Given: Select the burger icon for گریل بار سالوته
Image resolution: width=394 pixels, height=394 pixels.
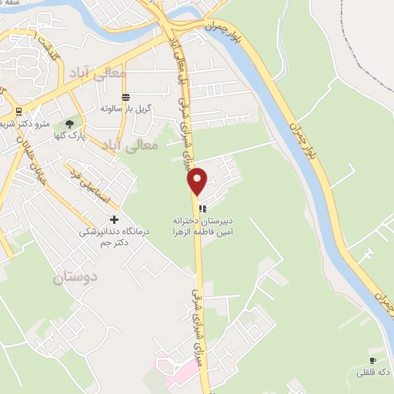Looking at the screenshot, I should click(126, 97).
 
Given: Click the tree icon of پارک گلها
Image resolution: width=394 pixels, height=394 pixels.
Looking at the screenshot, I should click(71, 123).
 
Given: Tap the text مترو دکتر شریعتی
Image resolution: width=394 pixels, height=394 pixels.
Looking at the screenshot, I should click(51, 123).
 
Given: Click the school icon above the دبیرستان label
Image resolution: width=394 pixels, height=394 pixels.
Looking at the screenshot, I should click(202, 208).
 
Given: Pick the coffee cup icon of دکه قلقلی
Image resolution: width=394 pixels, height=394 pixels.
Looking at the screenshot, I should click(373, 360).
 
